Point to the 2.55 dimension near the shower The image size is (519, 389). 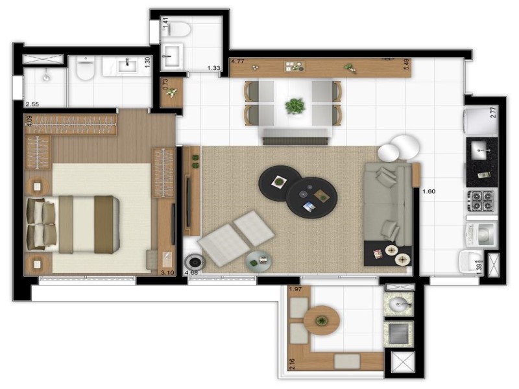[32, 104]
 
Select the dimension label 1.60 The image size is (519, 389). [429, 191]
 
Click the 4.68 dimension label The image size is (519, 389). [191, 273]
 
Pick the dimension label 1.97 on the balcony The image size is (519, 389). [296, 289]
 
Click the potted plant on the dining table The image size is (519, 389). [295, 105]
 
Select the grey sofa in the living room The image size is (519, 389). [387, 203]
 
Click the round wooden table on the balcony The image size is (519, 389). [321, 320]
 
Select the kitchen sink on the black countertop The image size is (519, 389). [481, 151]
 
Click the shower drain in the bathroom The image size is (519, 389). [46, 77]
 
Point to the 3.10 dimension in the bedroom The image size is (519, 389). [167, 273]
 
